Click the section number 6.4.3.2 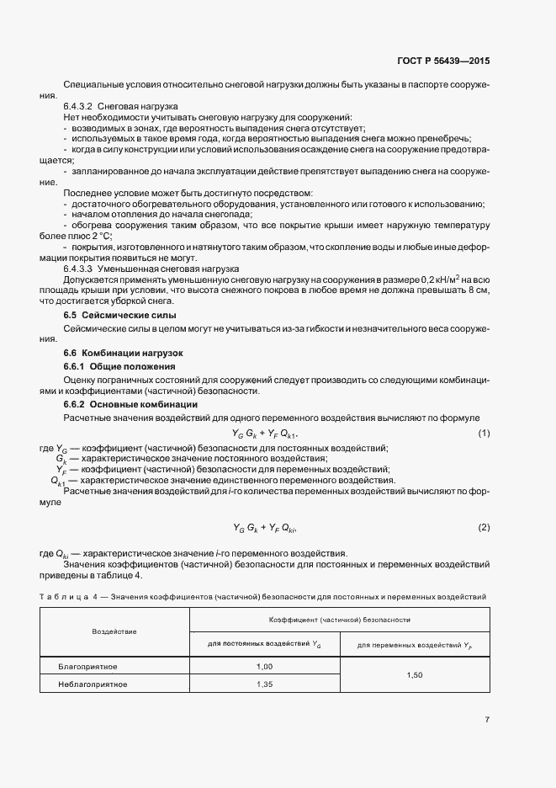click(78, 107)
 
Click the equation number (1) click(484, 433)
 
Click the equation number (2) click(484, 527)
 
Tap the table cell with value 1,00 click(265, 667)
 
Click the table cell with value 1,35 click(265, 684)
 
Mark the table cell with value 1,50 click(414, 675)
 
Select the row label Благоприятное click(87, 667)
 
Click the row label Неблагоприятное click(93, 684)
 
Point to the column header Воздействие click(114, 631)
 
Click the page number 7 click(487, 720)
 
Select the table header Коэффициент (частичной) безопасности click(339, 620)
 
